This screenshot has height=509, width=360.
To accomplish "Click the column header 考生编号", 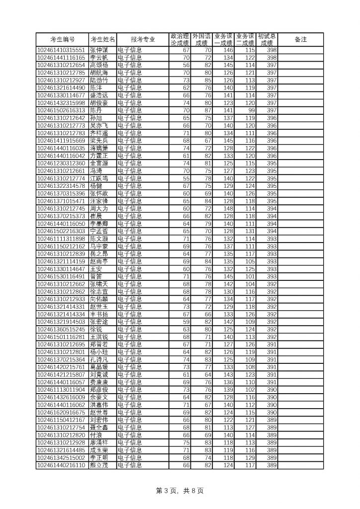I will [63, 39].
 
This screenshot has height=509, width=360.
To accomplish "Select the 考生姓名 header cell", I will [102, 39].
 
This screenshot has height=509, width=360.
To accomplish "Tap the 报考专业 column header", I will [143, 39].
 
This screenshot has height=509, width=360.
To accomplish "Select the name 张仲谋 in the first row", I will [98, 50].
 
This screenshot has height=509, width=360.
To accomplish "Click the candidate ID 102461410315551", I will [62, 50].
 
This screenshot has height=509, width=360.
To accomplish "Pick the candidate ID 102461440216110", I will [62, 465].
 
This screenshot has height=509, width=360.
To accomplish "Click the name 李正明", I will [98, 457].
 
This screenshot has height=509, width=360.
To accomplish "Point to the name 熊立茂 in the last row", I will [98, 465].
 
